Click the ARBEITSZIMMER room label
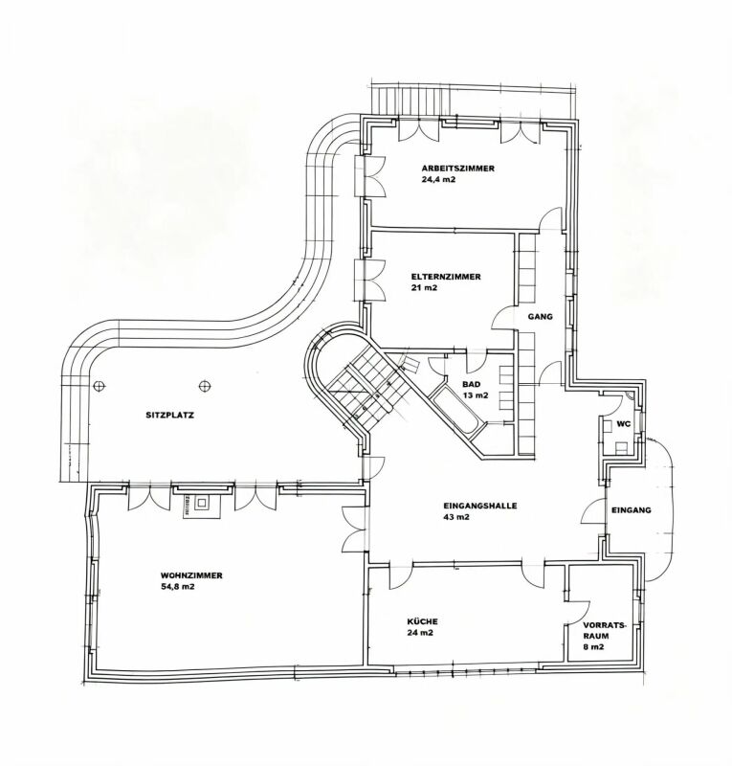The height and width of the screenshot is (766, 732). coord(457,169)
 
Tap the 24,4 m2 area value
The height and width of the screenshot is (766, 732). coord(438,179)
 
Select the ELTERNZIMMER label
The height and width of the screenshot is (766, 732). coord(445,277)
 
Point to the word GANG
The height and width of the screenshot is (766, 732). coord(540,317)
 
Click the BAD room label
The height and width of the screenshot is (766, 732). coord(471,385)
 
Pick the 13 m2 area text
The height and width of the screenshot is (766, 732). coord(476,395)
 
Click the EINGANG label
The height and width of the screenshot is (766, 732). coord(632,510)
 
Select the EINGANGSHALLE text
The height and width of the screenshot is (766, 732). coord(479,507)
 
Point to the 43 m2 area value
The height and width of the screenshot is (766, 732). coord(456,517)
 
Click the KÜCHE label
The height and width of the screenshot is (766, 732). coord(422,621)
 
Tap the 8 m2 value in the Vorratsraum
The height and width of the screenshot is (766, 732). coord(593,647)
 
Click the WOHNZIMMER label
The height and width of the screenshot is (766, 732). coord(191,575)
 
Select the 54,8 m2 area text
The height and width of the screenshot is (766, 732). coord(177,586)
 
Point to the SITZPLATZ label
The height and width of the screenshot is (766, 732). coord(170,416)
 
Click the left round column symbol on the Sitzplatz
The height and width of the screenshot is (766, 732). coord(99,387)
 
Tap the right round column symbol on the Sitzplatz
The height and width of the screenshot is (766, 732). coord(205,387)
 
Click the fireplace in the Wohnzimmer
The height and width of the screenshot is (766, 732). coord(202,506)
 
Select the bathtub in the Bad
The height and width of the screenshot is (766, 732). coord(455,410)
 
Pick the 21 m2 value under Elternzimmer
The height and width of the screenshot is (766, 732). coord(424,287)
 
